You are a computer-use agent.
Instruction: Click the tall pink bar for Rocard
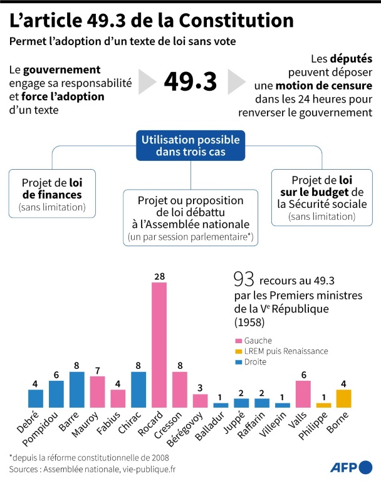pos(159,344)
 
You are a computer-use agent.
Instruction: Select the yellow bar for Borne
pos(343,398)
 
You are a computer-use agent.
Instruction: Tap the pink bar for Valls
pos(303,394)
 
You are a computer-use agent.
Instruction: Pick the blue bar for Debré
pos(36,398)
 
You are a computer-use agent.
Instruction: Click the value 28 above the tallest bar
pos(159,276)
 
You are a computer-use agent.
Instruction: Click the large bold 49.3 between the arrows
pos(190,81)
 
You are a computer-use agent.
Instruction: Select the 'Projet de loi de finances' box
pos(53,192)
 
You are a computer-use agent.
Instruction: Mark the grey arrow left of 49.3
pos(147,81)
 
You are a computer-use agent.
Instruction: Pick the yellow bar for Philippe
pos(323,405)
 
